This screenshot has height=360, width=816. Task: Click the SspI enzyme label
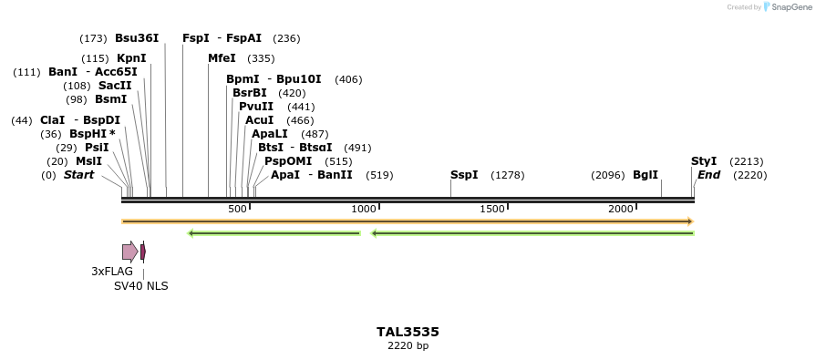coord(463,175)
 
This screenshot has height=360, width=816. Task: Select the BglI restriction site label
coord(646,175)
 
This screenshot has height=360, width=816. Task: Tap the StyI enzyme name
coord(704,161)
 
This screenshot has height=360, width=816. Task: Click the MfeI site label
coord(222,58)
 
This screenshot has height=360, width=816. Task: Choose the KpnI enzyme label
coord(131,58)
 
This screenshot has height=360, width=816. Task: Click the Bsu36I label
coord(137,38)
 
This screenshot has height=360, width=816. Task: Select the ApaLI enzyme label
coord(271,134)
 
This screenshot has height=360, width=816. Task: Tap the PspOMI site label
coord(287,161)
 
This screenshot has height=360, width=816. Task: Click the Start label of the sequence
coord(78,175)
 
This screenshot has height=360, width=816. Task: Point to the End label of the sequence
coord(708,175)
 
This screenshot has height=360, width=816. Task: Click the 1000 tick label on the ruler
coord(364,210)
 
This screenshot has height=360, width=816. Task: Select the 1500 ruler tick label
coord(492,210)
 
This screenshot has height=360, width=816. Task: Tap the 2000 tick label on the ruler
coord(621,210)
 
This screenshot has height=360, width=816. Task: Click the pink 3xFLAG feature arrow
coord(129,252)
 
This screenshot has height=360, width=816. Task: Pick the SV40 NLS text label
coord(140,286)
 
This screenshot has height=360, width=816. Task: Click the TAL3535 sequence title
coord(408,333)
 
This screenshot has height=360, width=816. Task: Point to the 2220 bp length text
coord(408,346)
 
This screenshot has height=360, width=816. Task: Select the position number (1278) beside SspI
coord(508,175)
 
